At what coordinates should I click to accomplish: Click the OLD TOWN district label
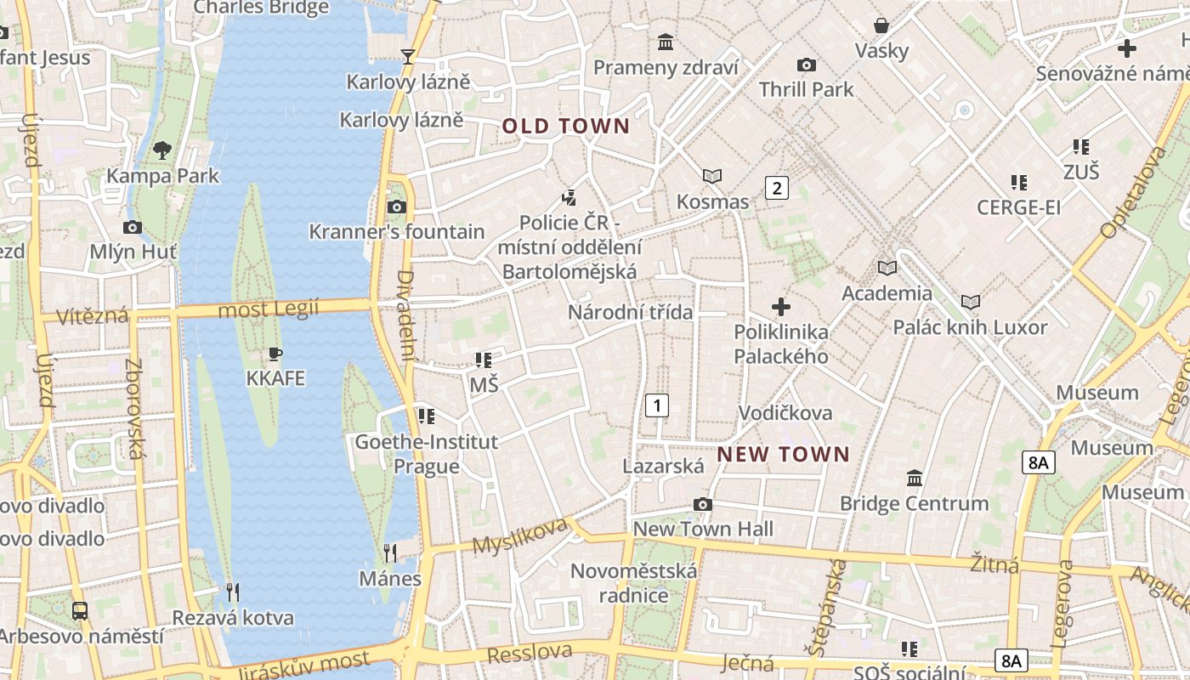565,127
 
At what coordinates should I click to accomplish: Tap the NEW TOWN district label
783,454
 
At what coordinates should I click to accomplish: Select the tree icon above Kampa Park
161,151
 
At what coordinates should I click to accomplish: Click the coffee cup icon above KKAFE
275,354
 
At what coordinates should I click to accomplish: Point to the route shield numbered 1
657,405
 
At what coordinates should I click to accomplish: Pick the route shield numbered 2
776,188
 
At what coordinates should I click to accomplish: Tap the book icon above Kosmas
712,176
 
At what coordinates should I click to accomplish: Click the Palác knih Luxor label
970,327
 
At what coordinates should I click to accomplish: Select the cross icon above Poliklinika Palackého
780,306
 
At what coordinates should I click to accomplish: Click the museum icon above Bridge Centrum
915,478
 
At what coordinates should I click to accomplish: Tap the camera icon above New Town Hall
702,504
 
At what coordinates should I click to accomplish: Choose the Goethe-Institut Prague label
426,454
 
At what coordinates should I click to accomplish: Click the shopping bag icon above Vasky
881,25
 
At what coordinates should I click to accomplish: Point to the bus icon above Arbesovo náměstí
79,610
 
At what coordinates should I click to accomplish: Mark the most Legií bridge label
268,309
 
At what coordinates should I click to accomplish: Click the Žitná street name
994,564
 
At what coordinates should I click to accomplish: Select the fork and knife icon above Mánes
389,553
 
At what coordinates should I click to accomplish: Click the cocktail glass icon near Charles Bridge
408,56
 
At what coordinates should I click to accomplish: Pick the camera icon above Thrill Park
806,65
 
